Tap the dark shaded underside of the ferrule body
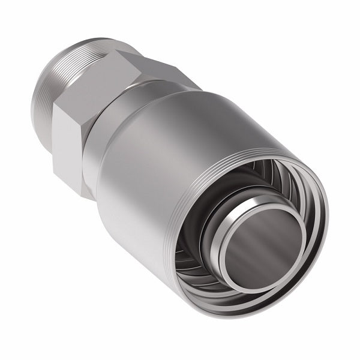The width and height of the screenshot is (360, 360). tap(144, 264)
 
